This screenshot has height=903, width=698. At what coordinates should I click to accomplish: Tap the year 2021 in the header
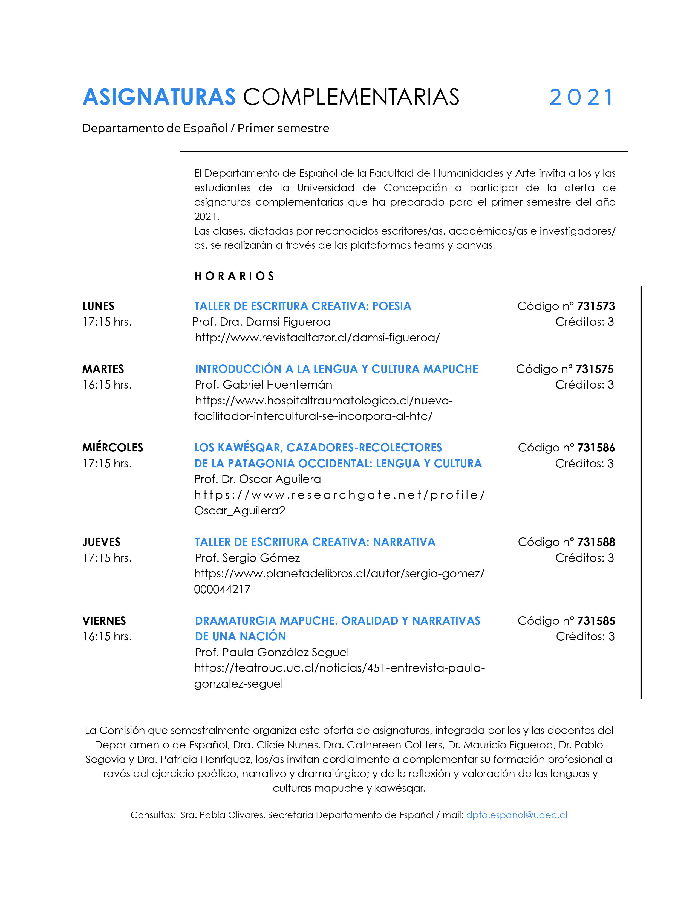click(x=581, y=98)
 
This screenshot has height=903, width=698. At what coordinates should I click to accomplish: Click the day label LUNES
click(x=99, y=306)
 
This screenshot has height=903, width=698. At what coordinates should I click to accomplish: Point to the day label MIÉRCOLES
click(x=113, y=448)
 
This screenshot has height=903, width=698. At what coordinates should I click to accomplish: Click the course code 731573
click(x=596, y=306)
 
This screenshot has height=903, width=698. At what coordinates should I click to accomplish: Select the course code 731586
click(x=596, y=448)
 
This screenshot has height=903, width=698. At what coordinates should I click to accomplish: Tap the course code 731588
click(x=596, y=542)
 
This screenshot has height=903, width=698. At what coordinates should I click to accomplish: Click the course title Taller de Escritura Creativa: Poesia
click(x=303, y=306)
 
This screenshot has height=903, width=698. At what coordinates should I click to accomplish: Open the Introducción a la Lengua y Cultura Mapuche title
click(x=337, y=369)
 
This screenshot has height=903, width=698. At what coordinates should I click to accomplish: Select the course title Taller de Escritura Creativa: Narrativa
click(x=315, y=542)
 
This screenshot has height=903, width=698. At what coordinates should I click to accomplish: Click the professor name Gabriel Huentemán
click(x=278, y=385)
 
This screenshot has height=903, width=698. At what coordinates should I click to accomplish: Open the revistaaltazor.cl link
click(x=317, y=338)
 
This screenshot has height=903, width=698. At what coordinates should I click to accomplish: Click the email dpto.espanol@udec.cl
click(x=517, y=815)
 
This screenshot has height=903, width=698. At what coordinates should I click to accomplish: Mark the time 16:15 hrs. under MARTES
click(x=107, y=385)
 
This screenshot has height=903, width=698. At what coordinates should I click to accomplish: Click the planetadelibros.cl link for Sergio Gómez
click(x=339, y=574)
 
